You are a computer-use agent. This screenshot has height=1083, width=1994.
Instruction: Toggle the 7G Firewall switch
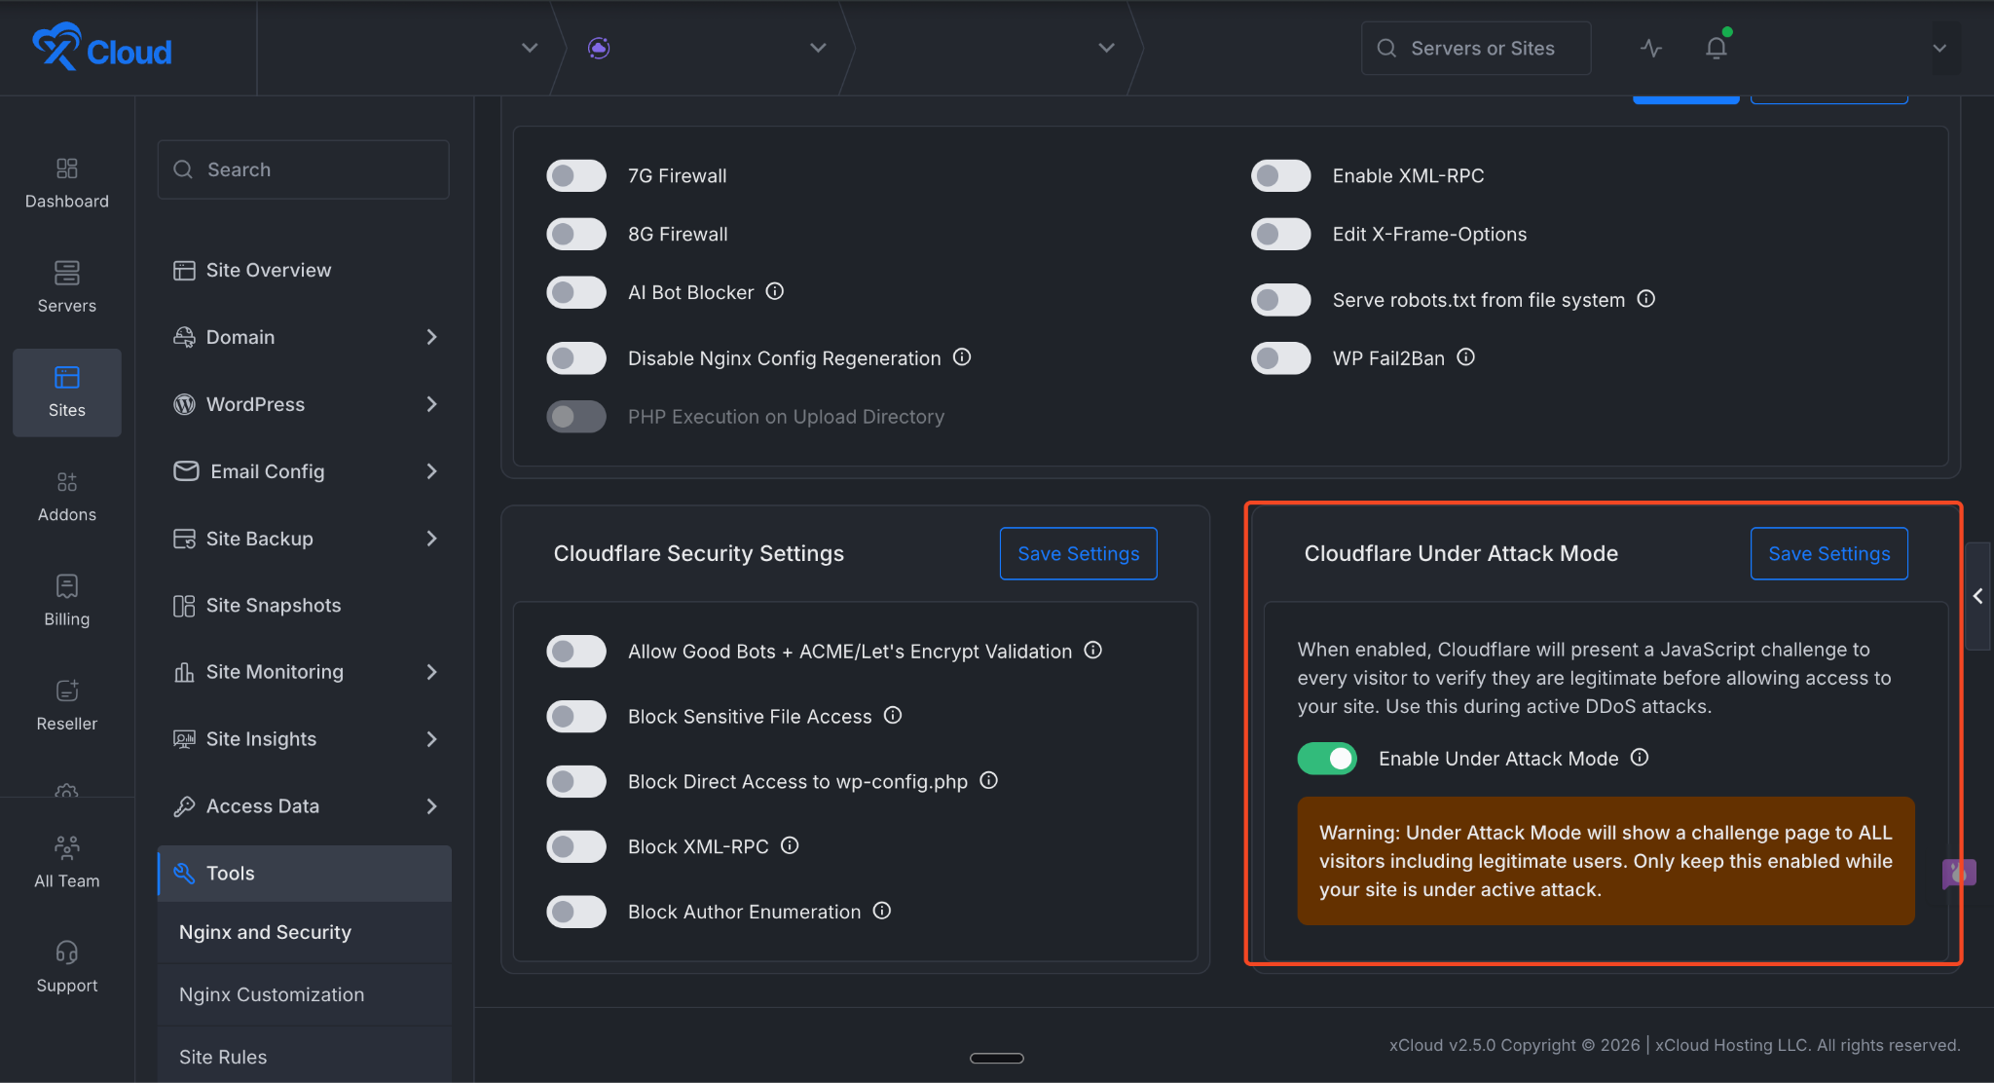click(576, 176)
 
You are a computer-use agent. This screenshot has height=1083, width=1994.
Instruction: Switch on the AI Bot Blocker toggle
click(576, 292)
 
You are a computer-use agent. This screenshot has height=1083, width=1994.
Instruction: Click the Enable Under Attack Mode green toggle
click(1327, 759)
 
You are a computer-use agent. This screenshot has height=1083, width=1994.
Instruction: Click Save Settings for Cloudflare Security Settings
click(1078, 553)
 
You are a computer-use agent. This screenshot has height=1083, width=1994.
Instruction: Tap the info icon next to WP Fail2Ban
click(1465, 357)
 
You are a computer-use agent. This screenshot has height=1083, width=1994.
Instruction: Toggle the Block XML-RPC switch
click(576, 846)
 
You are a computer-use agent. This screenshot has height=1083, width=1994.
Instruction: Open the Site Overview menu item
click(268, 270)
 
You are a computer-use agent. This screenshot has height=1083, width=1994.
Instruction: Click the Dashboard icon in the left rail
click(67, 169)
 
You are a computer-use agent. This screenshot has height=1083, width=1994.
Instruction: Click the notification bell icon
click(1716, 48)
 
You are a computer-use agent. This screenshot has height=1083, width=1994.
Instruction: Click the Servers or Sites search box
click(1476, 48)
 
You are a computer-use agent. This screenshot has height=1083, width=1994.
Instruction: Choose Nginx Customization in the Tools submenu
click(272, 994)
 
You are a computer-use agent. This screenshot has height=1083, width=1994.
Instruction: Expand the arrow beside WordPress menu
click(431, 404)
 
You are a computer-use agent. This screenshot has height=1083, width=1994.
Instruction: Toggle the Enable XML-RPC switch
click(1281, 176)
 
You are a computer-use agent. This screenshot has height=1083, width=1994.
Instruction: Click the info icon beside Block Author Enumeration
click(882, 911)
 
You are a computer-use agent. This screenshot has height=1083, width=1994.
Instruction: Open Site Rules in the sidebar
click(223, 1057)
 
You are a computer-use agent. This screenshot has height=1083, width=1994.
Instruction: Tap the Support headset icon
click(67, 952)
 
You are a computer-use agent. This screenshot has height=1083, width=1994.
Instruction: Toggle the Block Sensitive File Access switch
click(576, 717)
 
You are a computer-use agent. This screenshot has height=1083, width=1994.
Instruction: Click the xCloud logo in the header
click(102, 48)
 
